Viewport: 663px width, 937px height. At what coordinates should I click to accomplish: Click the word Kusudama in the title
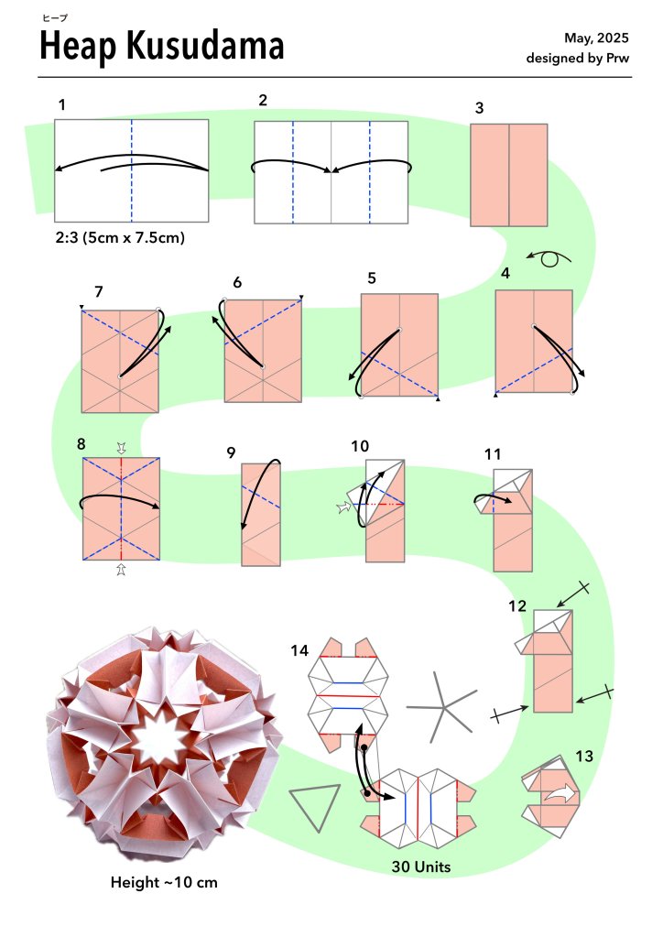[205, 46]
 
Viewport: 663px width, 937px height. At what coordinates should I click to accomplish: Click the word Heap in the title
[78, 47]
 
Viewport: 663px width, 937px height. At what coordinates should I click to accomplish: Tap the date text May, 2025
[596, 38]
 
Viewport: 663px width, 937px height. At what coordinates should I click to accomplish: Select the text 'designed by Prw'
[577, 58]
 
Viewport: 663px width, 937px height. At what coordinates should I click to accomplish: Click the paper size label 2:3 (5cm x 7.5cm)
[120, 237]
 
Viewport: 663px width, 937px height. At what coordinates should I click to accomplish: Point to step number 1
[61, 105]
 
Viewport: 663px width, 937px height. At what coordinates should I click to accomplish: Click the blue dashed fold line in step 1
[132, 171]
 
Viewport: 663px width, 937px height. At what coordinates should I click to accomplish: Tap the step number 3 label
[479, 108]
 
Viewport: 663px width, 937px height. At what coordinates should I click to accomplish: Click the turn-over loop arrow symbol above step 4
[549, 258]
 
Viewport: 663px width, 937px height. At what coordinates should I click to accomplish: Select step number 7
[99, 291]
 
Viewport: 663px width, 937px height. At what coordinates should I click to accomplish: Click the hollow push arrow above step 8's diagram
[121, 448]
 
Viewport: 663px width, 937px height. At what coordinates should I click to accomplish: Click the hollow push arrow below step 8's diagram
[121, 569]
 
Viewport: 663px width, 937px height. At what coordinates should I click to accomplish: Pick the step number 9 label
[231, 453]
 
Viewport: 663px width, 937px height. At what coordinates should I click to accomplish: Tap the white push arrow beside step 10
[344, 508]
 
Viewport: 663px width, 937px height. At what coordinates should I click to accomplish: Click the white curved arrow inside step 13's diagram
[561, 794]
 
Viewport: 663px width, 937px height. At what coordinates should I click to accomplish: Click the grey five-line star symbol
[444, 707]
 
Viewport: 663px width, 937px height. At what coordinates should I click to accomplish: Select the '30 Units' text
[421, 866]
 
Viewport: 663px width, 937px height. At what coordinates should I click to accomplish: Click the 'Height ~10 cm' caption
[164, 882]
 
